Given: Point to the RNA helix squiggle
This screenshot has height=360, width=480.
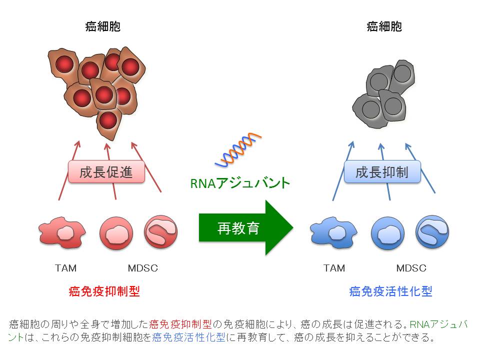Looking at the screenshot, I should tap(238, 150).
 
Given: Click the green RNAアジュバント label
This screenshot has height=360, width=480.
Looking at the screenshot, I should tap(240, 183).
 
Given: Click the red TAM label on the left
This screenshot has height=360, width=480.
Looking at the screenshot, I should tap(65, 268).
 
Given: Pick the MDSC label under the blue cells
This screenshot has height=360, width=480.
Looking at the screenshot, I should tap(411, 268).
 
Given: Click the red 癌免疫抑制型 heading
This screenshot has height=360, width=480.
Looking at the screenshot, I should tap(104, 291).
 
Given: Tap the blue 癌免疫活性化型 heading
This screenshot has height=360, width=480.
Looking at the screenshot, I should tap(390, 291).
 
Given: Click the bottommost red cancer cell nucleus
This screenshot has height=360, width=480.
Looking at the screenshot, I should tap(108, 119).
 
